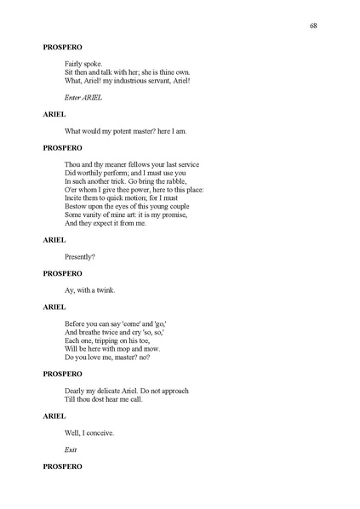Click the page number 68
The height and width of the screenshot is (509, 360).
(x=314, y=26)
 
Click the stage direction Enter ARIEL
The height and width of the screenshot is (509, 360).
(x=83, y=97)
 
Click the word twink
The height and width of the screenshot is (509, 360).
(x=106, y=289)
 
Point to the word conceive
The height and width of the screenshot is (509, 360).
(x=100, y=432)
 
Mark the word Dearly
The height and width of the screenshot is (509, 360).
(x=76, y=391)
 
